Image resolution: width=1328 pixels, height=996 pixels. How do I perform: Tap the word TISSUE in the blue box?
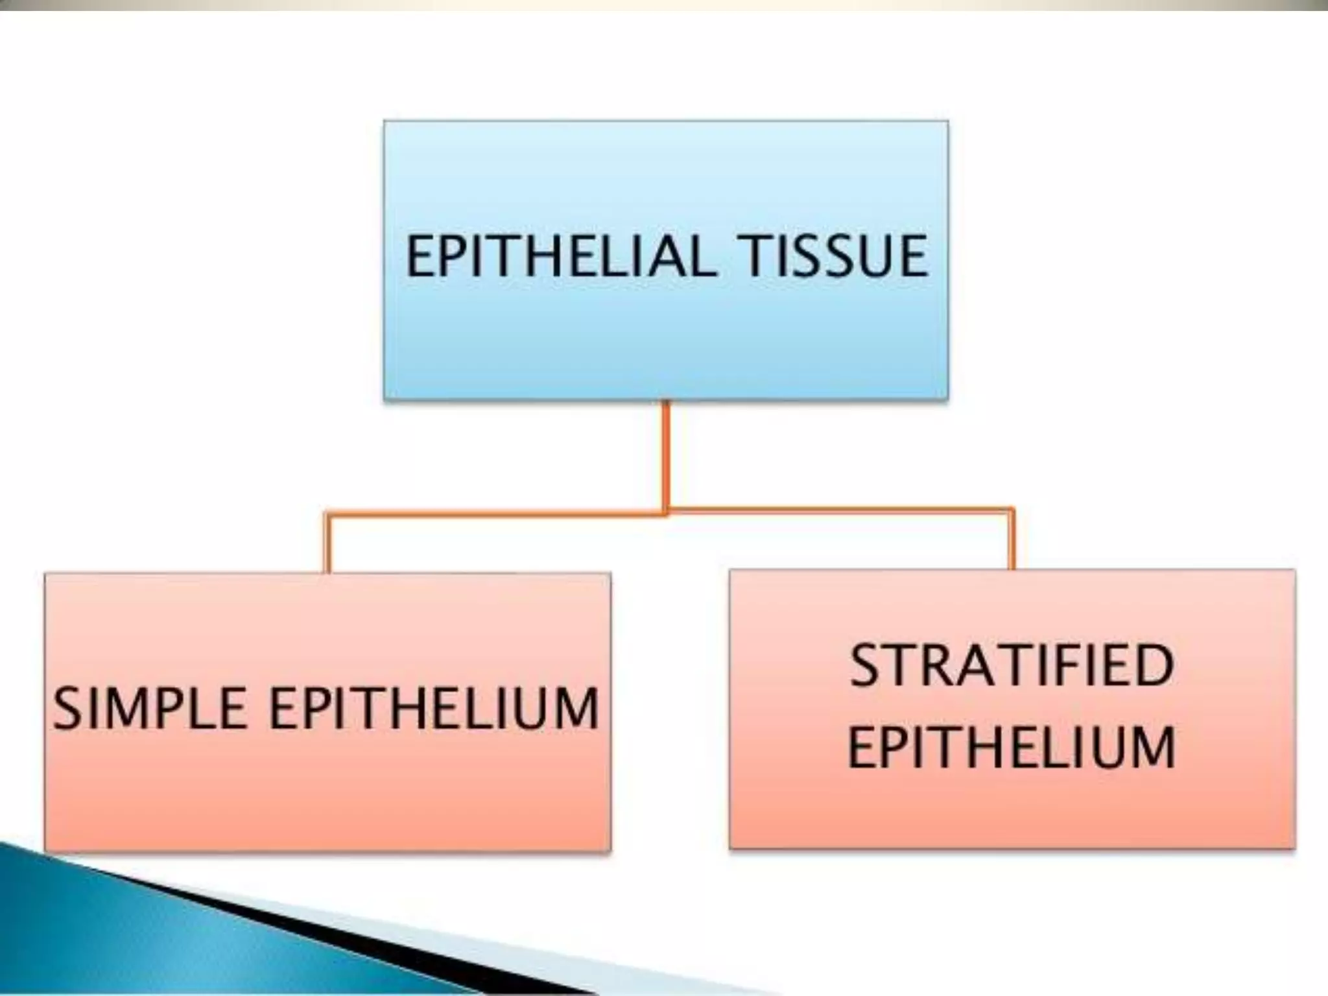[836, 257]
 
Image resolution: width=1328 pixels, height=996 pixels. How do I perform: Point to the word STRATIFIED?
[1012, 665]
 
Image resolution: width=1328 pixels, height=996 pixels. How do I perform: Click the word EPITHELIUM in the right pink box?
[1012, 747]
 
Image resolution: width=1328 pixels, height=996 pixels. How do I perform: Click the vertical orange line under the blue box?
[665, 454]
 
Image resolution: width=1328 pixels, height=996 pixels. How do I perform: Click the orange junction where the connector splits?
[666, 513]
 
